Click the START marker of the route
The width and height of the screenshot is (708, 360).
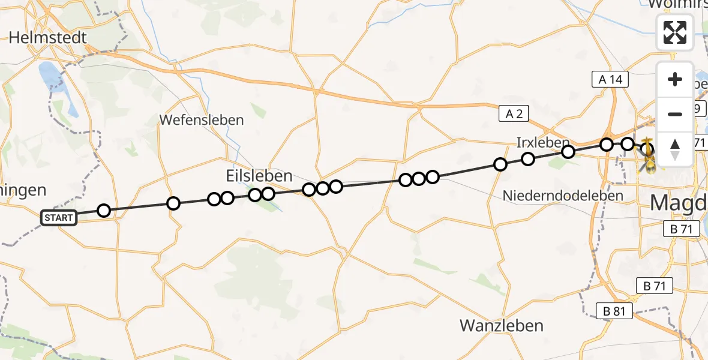[x=59, y=217]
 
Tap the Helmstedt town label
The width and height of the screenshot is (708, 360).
[x=47, y=38]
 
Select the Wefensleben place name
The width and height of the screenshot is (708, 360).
[x=202, y=120]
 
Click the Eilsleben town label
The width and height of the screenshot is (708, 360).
[x=259, y=176]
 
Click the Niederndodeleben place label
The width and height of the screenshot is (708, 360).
[x=563, y=195]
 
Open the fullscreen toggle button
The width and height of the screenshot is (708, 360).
[x=675, y=32]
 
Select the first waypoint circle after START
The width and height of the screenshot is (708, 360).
[x=104, y=211]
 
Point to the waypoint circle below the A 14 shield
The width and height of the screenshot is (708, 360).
[x=607, y=145]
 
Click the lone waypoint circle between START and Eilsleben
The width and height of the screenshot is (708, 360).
[x=173, y=203]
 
